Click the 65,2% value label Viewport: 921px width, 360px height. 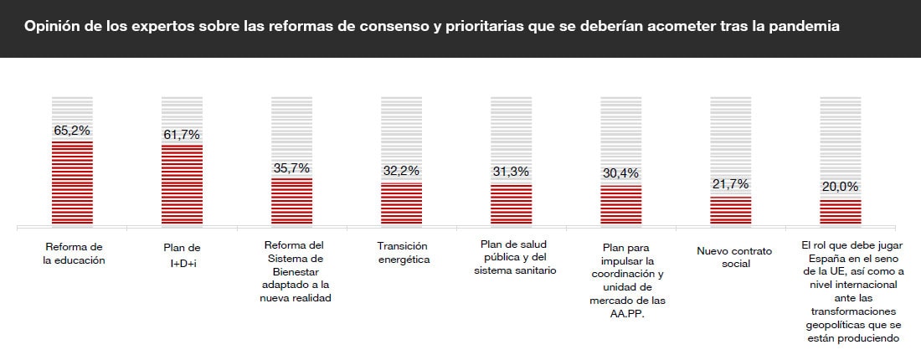[72, 131]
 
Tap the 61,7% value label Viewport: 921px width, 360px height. [182, 135]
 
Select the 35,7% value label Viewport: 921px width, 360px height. [291, 167]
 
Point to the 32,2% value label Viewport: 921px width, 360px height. [401, 172]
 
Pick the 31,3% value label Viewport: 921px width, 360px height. [511, 172]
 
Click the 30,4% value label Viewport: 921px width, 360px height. [620, 173]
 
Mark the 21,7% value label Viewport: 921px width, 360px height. [730, 184]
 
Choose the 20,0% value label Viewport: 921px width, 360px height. [840, 187]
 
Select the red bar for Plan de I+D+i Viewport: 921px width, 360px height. [182, 185]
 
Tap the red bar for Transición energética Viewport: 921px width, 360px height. [401, 204]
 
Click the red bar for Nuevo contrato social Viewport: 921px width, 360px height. [730, 211]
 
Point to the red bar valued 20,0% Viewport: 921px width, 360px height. [840, 213]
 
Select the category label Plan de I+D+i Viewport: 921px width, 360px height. [182, 254]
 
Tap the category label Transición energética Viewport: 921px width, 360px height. [401, 253]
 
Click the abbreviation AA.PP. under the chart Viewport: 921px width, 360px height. [620, 313]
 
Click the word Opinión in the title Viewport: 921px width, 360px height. [50, 27]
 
